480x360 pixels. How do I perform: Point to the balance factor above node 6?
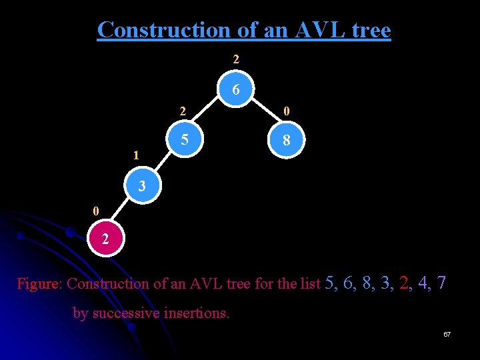[236, 59]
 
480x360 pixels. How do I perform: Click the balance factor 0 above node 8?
[286, 111]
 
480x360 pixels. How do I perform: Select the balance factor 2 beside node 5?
[182, 111]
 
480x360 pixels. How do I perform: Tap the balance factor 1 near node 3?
[136, 156]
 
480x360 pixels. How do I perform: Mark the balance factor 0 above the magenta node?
[96, 211]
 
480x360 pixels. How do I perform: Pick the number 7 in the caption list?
[441, 283]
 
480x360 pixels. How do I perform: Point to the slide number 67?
[447, 333]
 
